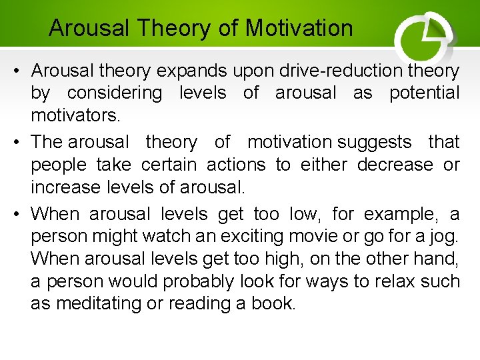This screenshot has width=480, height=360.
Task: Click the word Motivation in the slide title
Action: (x=299, y=28)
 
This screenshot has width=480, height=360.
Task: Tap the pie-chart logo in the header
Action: (x=424, y=37)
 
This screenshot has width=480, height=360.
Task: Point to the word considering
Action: (x=114, y=93)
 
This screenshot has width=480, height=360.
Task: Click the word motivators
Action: (x=75, y=116)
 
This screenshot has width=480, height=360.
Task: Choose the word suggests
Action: (x=375, y=141)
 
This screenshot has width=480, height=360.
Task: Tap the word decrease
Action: (x=395, y=164)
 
